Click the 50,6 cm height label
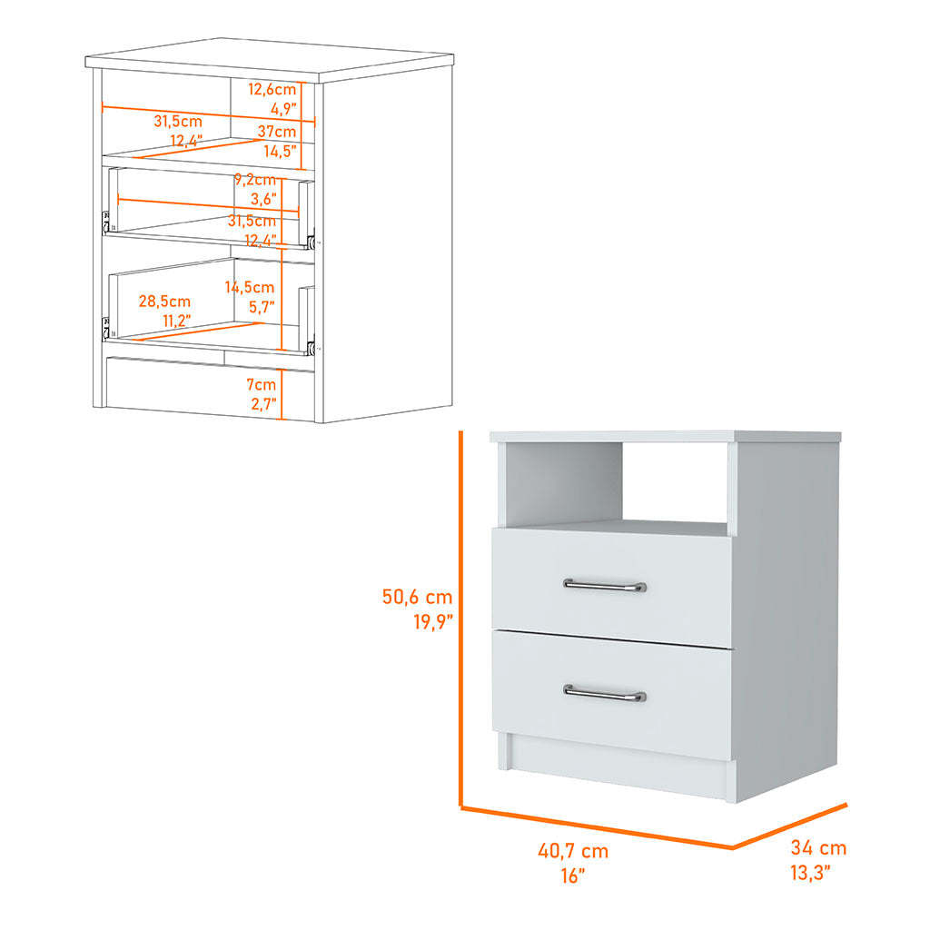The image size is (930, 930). coord(417,597)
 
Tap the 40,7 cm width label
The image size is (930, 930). coord(573,851)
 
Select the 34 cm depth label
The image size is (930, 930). coord(818,848)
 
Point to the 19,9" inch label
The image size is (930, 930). coord(433,621)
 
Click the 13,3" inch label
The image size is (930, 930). coord(810,873)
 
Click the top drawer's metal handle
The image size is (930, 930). coord(604,586)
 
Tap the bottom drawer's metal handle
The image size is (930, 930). coord(604,693)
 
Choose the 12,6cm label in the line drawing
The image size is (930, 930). coord(272,90)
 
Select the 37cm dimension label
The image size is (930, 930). coord(277,132)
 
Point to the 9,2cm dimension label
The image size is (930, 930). coord(255,180)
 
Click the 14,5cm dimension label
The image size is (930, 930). coord(249,288)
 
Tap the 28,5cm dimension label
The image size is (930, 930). coord(164,302)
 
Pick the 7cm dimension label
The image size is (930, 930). coord(262,385)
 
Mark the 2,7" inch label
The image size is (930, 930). coord(263,404)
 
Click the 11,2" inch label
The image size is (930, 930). coord(177,321)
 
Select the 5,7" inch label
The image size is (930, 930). coord(262,307)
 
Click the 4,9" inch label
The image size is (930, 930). coord(283,109)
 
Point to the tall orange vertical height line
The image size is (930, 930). coord(460,619)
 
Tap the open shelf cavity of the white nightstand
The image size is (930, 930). coord(617,483)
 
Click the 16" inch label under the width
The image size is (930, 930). coord(573,876)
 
